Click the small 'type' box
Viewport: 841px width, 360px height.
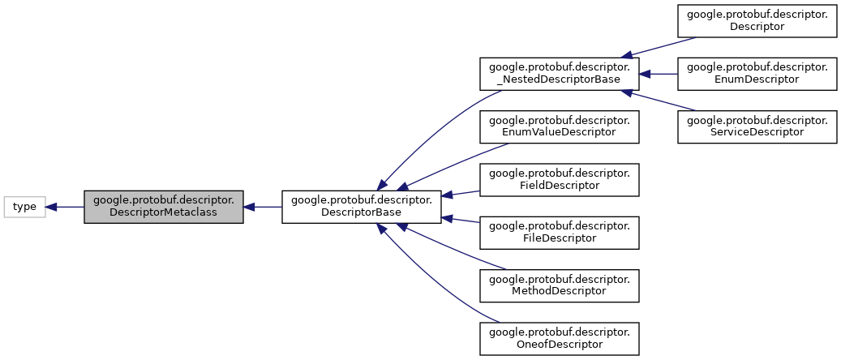pos(24,207)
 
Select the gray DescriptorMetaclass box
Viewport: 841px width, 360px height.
pos(164,207)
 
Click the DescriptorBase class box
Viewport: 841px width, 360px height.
pos(361,207)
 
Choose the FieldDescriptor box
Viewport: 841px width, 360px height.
pos(560,178)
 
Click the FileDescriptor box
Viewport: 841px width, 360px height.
pos(560,231)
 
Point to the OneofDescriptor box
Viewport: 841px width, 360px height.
pos(560,337)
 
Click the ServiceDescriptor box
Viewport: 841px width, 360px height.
pos(757,125)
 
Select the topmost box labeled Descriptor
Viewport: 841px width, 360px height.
pos(757,19)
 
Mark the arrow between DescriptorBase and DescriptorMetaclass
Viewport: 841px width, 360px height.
pos(264,207)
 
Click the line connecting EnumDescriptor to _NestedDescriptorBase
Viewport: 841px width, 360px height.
pos(661,73)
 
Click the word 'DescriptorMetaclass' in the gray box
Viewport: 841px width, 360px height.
pos(164,213)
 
